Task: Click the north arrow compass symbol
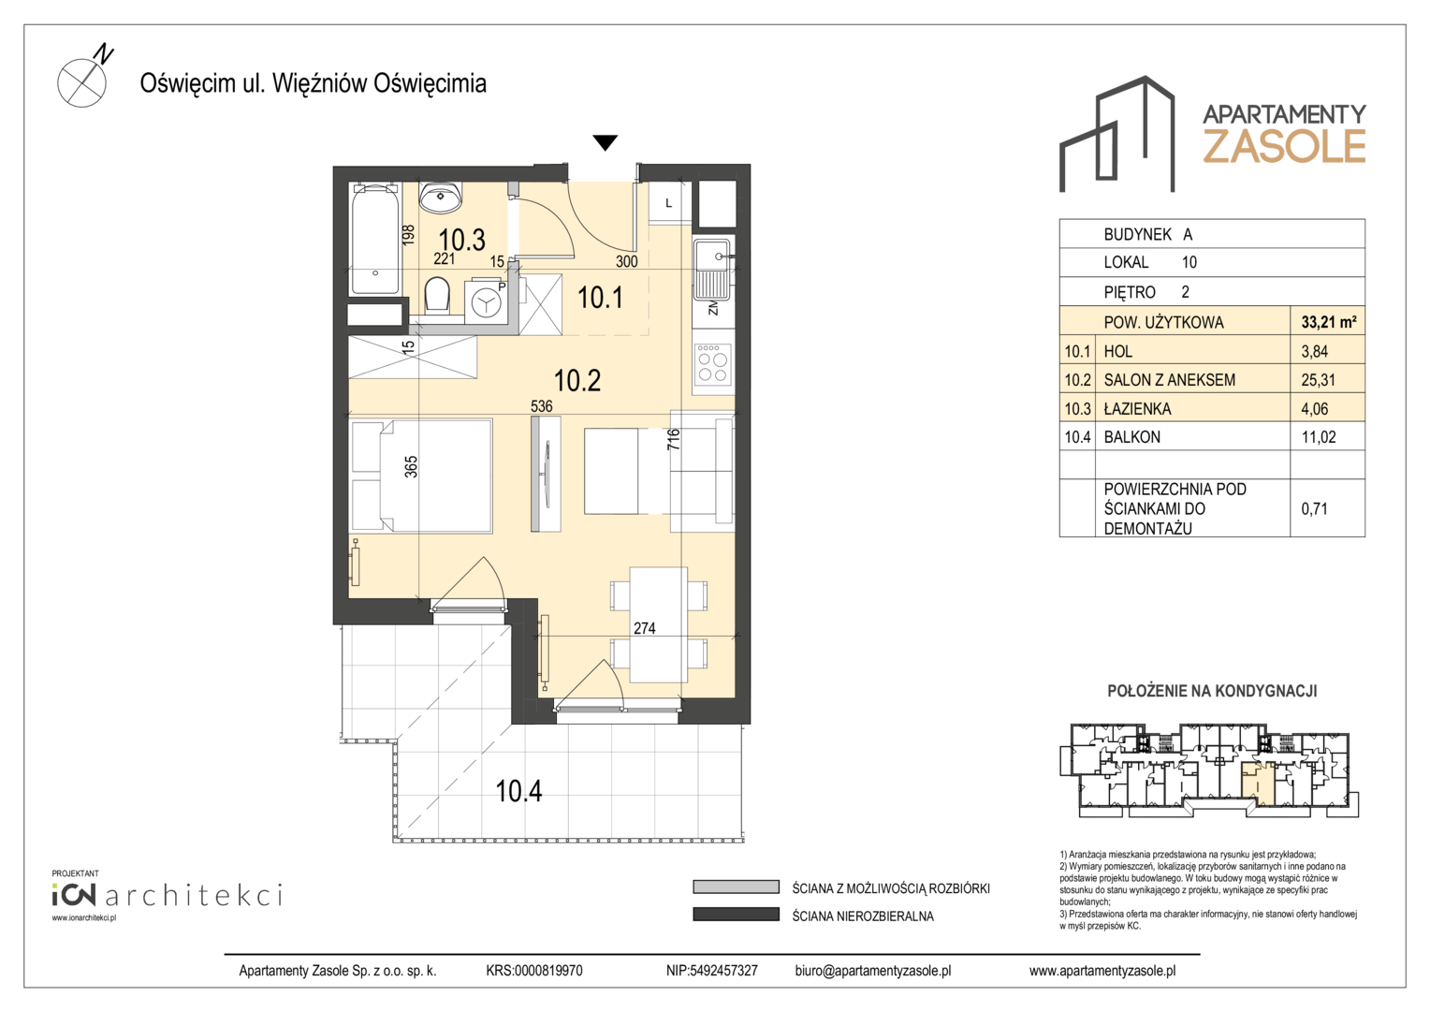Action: pyautogui.click(x=83, y=81)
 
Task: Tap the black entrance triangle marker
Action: pyautogui.click(x=605, y=142)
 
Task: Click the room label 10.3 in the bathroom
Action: pyautogui.click(x=461, y=240)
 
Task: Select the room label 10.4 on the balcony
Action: pyautogui.click(x=518, y=791)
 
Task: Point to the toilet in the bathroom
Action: pyautogui.click(x=437, y=295)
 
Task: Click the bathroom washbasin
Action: pyautogui.click(x=441, y=198)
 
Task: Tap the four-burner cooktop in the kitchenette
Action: pyautogui.click(x=712, y=363)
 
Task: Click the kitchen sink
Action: pyautogui.click(x=712, y=269)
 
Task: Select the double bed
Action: pyautogui.click(x=421, y=476)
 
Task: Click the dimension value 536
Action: pyautogui.click(x=541, y=406)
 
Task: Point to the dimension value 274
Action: pyautogui.click(x=644, y=628)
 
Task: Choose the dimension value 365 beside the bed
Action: pyautogui.click(x=411, y=466)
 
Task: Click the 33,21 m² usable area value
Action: pyautogui.click(x=1328, y=322)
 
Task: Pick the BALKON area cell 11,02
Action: pyautogui.click(x=1319, y=437)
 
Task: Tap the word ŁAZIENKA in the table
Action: pyautogui.click(x=1137, y=409)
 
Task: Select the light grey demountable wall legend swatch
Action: pyautogui.click(x=737, y=887)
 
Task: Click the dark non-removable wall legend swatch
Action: pyautogui.click(x=737, y=915)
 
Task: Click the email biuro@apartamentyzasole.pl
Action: pyautogui.click(x=872, y=971)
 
